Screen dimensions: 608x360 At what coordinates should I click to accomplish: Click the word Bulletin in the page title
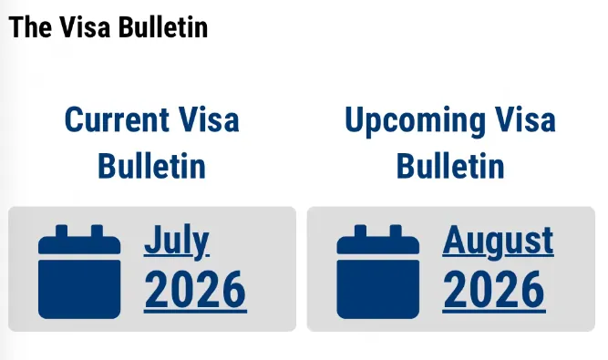(163, 27)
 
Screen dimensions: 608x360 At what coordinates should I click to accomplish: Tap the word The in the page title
(30, 27)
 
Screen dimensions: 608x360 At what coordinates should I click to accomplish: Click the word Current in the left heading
(117, 119)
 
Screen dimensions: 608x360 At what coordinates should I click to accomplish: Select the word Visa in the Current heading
(209, 119)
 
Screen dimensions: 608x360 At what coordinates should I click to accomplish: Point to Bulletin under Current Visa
(151, 166)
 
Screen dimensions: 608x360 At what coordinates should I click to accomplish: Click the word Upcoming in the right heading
(415, 121)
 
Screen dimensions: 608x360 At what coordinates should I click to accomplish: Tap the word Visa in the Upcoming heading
(525, 119)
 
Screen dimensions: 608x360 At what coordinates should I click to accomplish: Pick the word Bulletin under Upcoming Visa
(450, 166)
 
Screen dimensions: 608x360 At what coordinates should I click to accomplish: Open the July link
(177, 241)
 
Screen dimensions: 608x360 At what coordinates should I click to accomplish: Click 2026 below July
(195, 290)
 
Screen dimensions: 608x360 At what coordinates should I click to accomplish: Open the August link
(499, 242)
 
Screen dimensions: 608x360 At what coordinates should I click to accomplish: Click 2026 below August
(494, 290)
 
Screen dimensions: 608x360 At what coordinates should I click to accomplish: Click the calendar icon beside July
(79, 272)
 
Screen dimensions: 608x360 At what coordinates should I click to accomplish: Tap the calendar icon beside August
(378, 272)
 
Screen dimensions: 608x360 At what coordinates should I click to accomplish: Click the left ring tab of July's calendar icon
(62, 231)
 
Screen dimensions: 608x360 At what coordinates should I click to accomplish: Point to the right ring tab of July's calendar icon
(97, 231)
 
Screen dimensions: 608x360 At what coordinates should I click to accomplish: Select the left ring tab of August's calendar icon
(360, 231)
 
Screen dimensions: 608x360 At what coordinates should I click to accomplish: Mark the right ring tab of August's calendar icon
(396, 231)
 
